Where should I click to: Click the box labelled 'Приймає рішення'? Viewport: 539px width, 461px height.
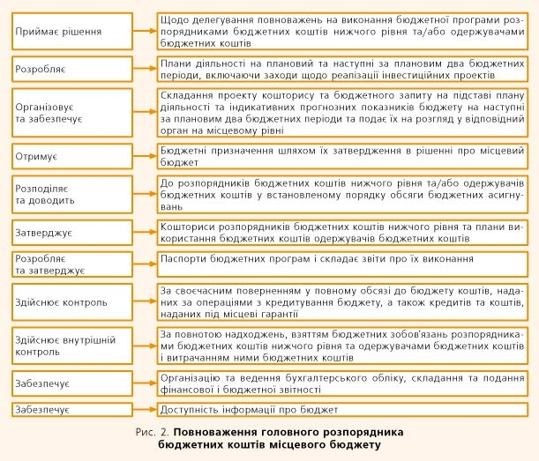click(71, 31)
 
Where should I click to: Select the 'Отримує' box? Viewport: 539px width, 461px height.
click(71, 155)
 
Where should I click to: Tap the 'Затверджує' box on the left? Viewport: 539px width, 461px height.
click(71, 233)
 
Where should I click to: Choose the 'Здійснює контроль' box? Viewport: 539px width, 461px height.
click(71, 302)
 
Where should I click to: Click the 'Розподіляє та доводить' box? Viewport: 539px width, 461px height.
click(71, 194)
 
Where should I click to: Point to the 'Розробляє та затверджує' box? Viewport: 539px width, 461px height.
click(71, 264)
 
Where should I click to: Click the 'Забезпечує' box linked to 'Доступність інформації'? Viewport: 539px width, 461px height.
click(71, 410)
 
